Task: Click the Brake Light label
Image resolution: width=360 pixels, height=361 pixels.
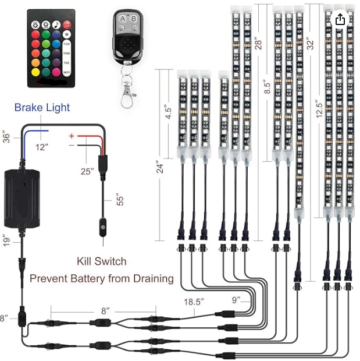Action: [x=42, y=107]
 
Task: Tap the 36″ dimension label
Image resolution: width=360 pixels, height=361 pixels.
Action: [x=6, y=138]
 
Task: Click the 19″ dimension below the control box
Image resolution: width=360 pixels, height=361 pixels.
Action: [x=6, y=240]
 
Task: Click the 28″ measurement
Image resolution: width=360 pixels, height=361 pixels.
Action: [x=258, y=43]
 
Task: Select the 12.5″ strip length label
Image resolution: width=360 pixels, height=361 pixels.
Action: [x=319, y=109]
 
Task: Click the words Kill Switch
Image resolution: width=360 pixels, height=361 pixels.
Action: [x=101, y=261]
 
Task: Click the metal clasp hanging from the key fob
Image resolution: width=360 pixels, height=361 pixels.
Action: [x=128, y=93]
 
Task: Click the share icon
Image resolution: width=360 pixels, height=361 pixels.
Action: [x=340, y=20]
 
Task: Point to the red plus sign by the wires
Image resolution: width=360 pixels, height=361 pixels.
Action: [x=72, y=136]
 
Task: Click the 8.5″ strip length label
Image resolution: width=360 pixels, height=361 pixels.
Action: [x=268, y=87]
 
